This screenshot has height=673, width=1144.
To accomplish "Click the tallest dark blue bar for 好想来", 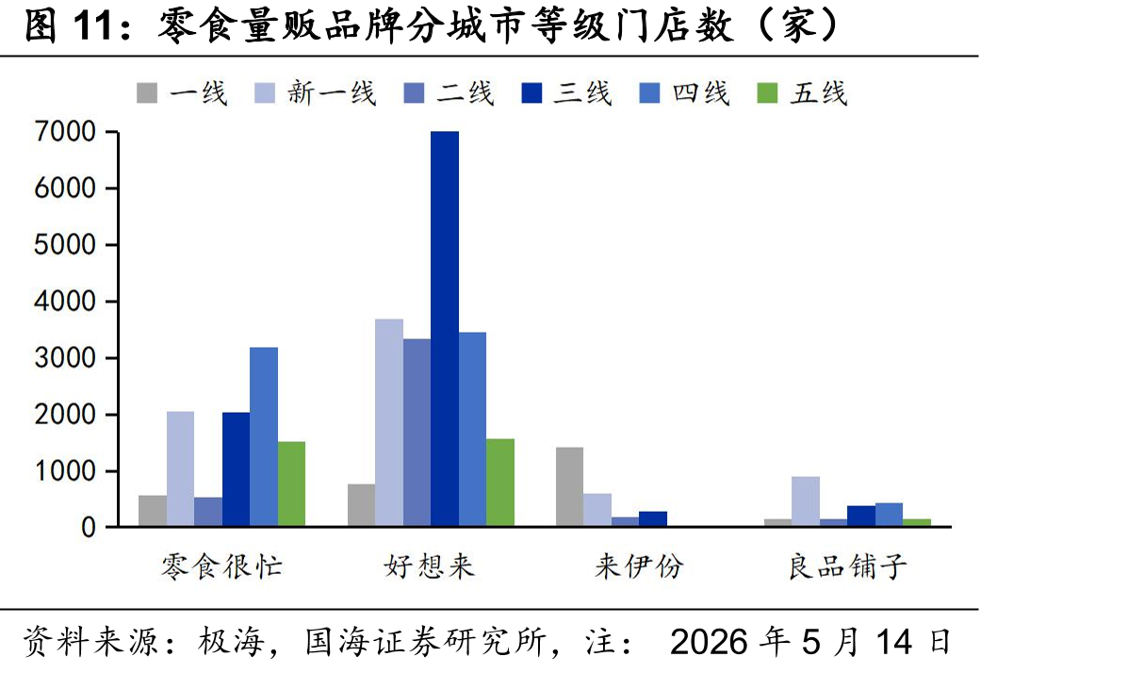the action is click(445, 329).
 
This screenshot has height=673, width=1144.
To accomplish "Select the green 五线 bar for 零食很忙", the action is click(291, 484).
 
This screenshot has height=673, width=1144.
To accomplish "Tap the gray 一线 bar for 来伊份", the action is click(569, 487).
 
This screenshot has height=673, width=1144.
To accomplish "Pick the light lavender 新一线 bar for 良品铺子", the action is click(806, 501).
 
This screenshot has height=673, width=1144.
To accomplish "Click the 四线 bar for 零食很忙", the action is click(264, 437).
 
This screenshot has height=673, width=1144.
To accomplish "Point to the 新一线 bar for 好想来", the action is click(388, 422).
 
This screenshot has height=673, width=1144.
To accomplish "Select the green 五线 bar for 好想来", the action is click(500, 483).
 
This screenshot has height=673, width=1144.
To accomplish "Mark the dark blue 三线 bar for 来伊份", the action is click(653, 518).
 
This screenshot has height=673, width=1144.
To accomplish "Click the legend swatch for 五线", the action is click(767, 93).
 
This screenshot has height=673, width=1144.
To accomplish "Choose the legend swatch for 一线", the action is click(147, 93).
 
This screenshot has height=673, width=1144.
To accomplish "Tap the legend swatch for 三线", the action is click(531, 93).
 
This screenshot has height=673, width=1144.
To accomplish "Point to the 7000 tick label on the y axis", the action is click(65, 132).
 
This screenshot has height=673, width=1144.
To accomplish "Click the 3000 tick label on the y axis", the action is click(65, 357).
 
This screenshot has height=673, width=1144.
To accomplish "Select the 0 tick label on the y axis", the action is click(89, 527).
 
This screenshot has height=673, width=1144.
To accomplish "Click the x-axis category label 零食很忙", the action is click(221, 566).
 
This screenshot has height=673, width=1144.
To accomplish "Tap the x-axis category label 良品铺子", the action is click(847, 566).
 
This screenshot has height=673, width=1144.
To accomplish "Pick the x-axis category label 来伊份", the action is click(639, 566).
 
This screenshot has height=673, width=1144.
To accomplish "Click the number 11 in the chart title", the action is click(92, 25).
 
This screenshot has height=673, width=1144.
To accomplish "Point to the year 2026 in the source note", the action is click(709, 642).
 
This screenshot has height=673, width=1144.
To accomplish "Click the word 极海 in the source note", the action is click(232, 642).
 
